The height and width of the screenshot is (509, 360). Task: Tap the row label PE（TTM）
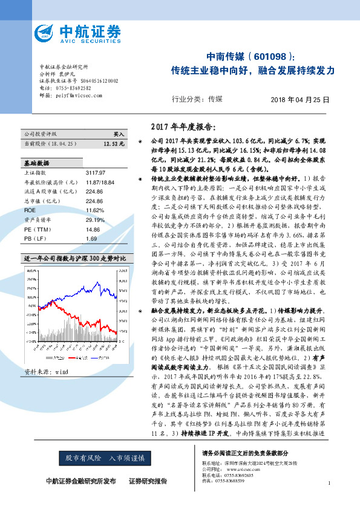(x=38, y=230)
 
